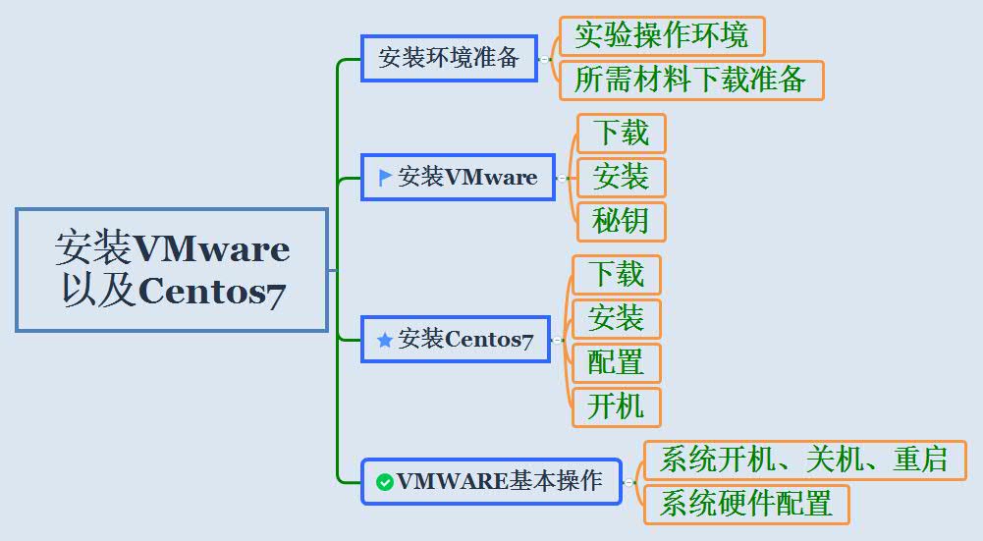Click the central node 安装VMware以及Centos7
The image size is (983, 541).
pyautogui.click(x=172, y=269)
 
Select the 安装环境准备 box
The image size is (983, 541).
pyautogui.click(x=449, y=58)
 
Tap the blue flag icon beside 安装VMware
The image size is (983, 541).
pyautogui.click(x=385, y=178)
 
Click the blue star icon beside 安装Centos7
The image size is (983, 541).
pyautogui.click(x=385, y=340)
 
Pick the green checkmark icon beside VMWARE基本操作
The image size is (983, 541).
pyautogui.click(x=385, y=482)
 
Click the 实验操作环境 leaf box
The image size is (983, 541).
pyautogui.click(x=661, y=36)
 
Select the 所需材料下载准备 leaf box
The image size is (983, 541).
pyautogui.click(x=690, y=80)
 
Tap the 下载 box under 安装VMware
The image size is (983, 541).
pyautogui.click(x=621, y=133)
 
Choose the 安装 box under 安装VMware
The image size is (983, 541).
pyautogui.click(x=621, y=177)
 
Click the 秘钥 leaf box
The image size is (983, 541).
pyautogui.click(x=621, y=221)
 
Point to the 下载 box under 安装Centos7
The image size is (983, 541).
pyautogui.click(x=616, y=275)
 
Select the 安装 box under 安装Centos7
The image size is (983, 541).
pyautogui.click(x=616, y=319)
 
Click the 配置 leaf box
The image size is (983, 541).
pyautogui.click(x=616, y=363)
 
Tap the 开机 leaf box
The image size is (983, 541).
pyautogui.click(x=616, y=406)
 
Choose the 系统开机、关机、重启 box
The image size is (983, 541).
pyautogui.click(x=803, y=460)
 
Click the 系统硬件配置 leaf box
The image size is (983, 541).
pyautogui.click(x=745, y=504)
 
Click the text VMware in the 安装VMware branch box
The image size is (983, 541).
pyautogui.click(x=491, y=178)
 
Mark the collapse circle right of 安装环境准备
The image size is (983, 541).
pyautogui.click(x=544, y=59)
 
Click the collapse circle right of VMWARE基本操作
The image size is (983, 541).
pyautogui.click(x=628, y=482)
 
